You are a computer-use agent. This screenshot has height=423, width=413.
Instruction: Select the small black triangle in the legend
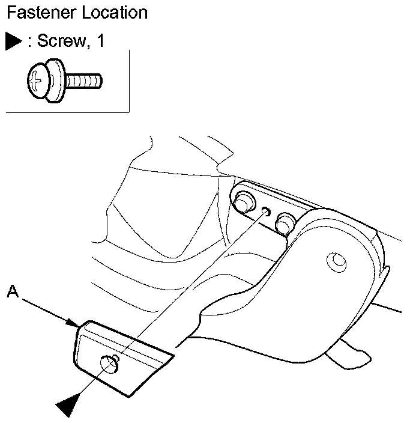coord(14,41)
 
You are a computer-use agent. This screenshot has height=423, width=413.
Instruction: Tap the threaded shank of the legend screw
coord(84,79)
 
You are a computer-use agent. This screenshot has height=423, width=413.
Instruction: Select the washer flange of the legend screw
coord(55,79)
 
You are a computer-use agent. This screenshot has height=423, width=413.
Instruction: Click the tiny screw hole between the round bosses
coord(265,210)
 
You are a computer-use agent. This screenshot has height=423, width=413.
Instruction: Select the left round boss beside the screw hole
coord(244,202)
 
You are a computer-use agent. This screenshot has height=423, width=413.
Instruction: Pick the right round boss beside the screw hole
coord(283,224)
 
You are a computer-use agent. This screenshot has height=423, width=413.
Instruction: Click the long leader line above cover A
coord(192,282)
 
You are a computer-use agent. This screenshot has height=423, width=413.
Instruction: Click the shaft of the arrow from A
coord(45,308)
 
